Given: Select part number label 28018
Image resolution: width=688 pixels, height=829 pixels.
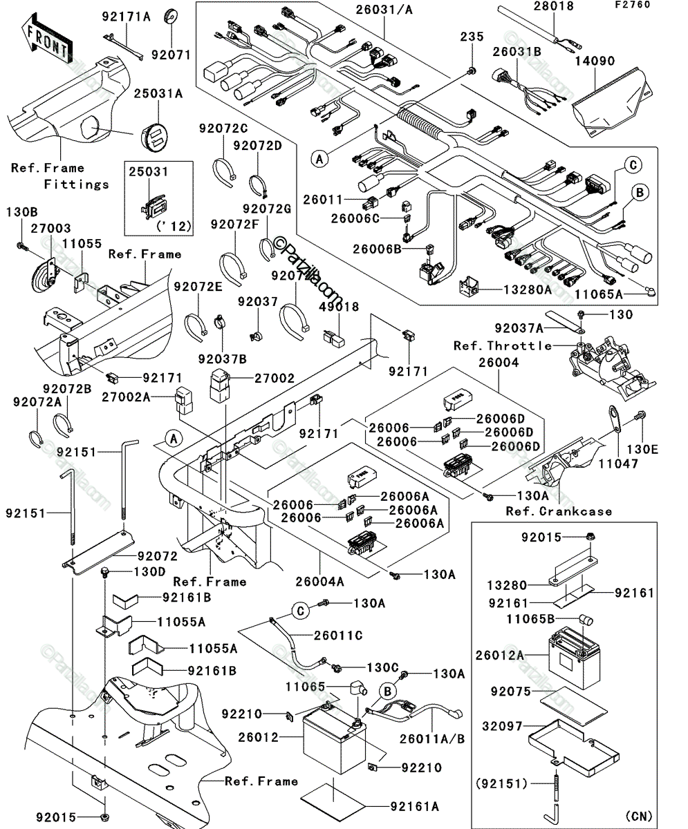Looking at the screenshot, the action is click(x=554, y=6).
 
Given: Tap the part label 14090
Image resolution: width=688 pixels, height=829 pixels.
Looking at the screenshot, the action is click(x=595, y=61).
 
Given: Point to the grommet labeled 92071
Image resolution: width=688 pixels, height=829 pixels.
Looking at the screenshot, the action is click(x=171, y=17).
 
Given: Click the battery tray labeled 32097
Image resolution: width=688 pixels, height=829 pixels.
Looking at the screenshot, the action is click(x=574, y=745).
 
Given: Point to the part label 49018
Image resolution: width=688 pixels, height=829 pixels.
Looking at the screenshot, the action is click(x=339, y=307).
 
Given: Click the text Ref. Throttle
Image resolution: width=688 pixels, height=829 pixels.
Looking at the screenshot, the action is click(x=503, y=346).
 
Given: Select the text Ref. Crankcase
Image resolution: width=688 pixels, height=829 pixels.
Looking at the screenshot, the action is click(x=559, y=511).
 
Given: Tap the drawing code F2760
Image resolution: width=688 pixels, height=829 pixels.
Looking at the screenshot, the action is click(x=633, y=4).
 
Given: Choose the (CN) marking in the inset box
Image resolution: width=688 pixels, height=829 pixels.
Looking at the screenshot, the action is click(x=639, y=816).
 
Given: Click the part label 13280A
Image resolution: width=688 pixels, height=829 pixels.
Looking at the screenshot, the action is click(x=528, y=290).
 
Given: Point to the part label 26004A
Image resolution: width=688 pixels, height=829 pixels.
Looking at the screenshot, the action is click(x=319, y=582).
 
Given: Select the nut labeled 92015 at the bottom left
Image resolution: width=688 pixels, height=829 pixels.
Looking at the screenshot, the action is click(x=105, y=817).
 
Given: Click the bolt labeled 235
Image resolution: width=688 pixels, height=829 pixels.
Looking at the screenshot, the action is click(x=472, y=72).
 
